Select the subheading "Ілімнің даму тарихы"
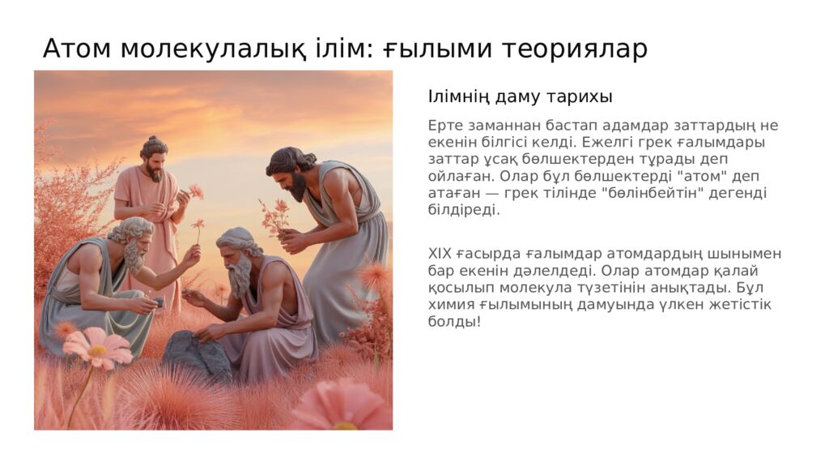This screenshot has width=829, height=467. coord(520,96)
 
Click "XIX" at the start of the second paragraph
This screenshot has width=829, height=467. coord(441,253)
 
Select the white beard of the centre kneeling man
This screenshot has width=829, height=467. coord(240,275)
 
